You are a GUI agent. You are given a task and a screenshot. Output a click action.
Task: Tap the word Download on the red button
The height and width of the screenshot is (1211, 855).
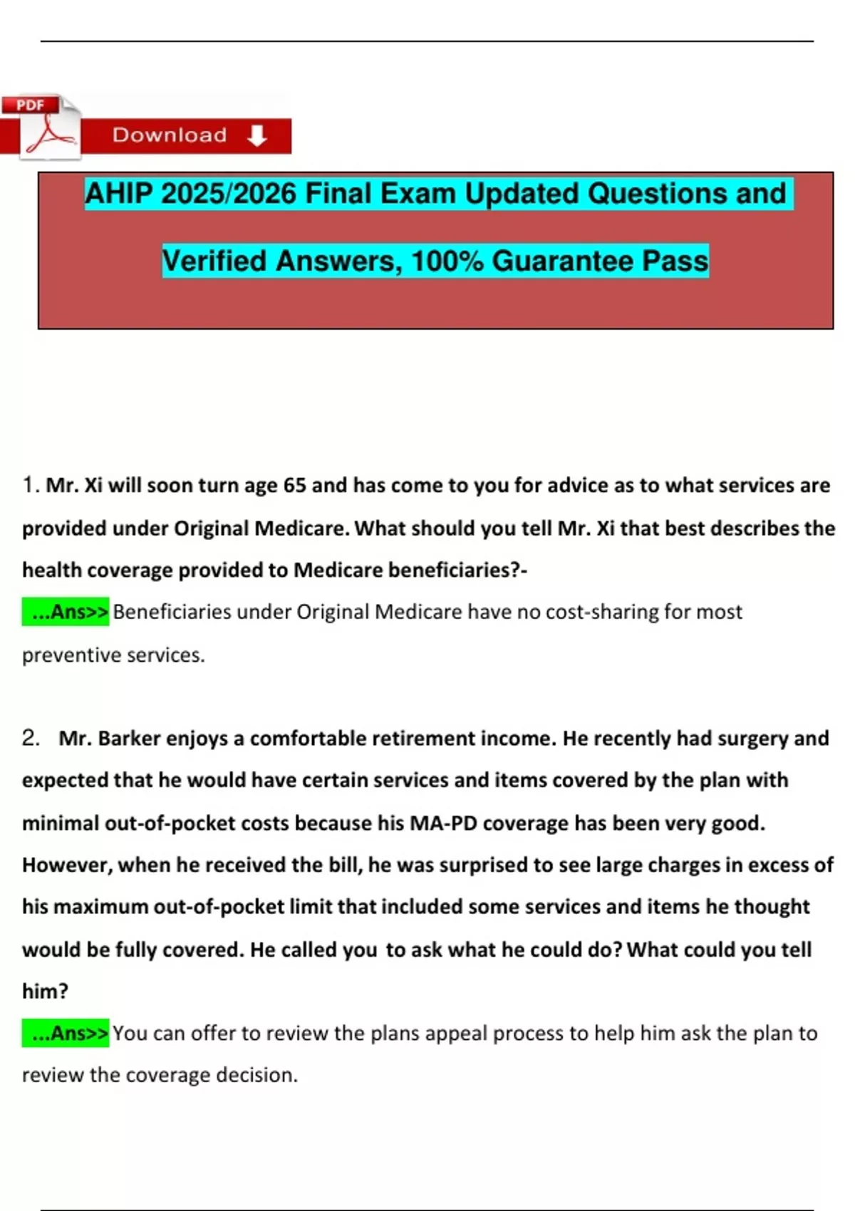pyautogui.click(x=170, y=135)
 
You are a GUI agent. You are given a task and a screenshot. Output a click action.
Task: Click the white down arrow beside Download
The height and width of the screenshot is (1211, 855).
pyautogui.click(x=257, y=135)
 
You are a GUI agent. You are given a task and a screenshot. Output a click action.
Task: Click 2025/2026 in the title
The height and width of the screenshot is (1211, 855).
pyautogui.click(x=228, y=194)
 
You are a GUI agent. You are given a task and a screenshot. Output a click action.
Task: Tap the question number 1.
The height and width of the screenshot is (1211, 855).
pyautogui.click(x=28, y=485)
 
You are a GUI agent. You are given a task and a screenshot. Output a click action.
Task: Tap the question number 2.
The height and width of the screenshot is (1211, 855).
pyautogui.click(x=30, y=738)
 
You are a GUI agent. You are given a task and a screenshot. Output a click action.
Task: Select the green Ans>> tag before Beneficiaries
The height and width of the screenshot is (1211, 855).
pyautogui.click(x=66, y=612)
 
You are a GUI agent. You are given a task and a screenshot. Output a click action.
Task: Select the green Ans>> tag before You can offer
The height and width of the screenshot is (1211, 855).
pyautogui.click(x=66, y=1033)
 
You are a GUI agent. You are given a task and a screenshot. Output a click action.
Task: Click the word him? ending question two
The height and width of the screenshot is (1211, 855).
pyautogui.click(x=45, y=991)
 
